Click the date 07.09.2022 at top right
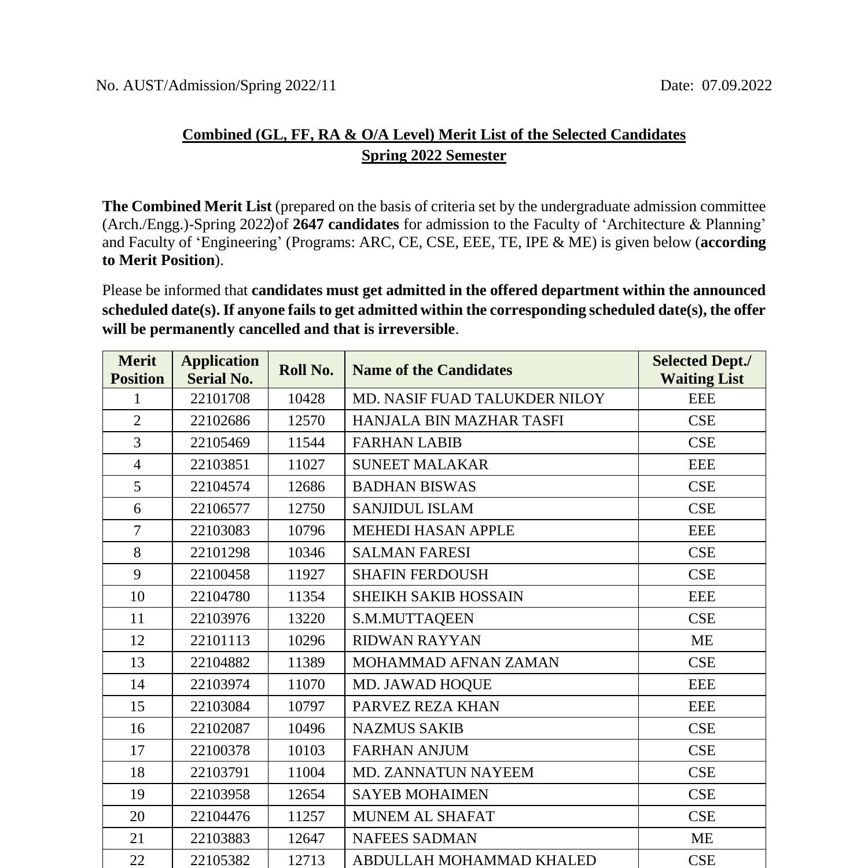click(736, 86)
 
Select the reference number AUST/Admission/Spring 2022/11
click(229, 86)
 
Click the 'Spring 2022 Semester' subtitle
click(433, 156)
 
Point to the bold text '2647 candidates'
click(345, 225)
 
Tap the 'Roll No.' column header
click(306, 370)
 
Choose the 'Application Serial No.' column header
click(220, 370)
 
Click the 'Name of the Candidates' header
click(432, 370)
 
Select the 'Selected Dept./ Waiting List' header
click(701, 370)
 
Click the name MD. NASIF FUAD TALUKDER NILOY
click(478, 399)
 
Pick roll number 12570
click(306, 421)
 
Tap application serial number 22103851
click(220, 465)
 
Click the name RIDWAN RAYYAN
click(416, 641)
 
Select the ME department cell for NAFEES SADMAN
click(701, 838)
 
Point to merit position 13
click(137, 663)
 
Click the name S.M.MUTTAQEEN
click(413, 619)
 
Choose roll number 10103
click(306, 751)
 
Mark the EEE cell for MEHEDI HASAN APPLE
click(701, 531)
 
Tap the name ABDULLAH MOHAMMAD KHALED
click(474, 860)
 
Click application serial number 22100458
click(220, 575)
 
